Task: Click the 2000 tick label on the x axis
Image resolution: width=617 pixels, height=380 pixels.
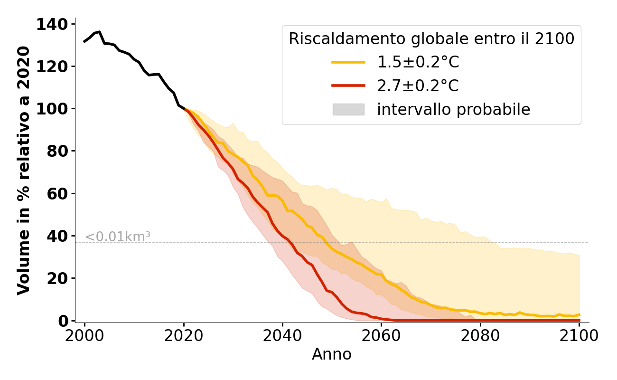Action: pyautogui.click(x=84, y=336)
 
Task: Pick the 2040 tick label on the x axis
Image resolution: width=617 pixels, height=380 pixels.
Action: pyautogui.click(x=282, y=336)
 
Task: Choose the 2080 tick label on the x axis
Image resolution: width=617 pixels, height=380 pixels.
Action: pyautogui.click(x=480, y=336)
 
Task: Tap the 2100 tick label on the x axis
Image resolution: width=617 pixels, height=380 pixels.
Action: pyautogui.click(x=579, y=336)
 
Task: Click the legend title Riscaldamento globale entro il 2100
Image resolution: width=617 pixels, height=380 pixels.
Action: pyautogui.click(x=431, y=39)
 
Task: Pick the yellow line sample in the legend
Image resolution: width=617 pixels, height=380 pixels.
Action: pyautogui.click(x=348, y=62)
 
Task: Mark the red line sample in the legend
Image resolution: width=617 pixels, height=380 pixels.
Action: pyautogui.click(x=348, y=86)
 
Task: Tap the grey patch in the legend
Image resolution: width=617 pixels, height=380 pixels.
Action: pyautogui.click(x=348, y=110)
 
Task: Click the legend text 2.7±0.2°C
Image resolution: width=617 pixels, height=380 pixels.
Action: pyautogui.click(x=418, y=86)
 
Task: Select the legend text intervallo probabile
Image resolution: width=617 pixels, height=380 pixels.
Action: pyautogui.click(x=453, y=110)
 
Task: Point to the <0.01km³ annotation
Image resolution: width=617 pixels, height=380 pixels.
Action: pyautogui.click(x=118, y=237)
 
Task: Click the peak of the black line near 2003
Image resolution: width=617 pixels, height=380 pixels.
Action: pyautogui.click(x=99, y=32)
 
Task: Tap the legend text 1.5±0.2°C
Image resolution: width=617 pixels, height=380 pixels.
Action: pyautogui.click(x=418, y=62)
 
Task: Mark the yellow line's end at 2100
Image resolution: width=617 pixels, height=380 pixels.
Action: pyautogui.click(x=579, y=314)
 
